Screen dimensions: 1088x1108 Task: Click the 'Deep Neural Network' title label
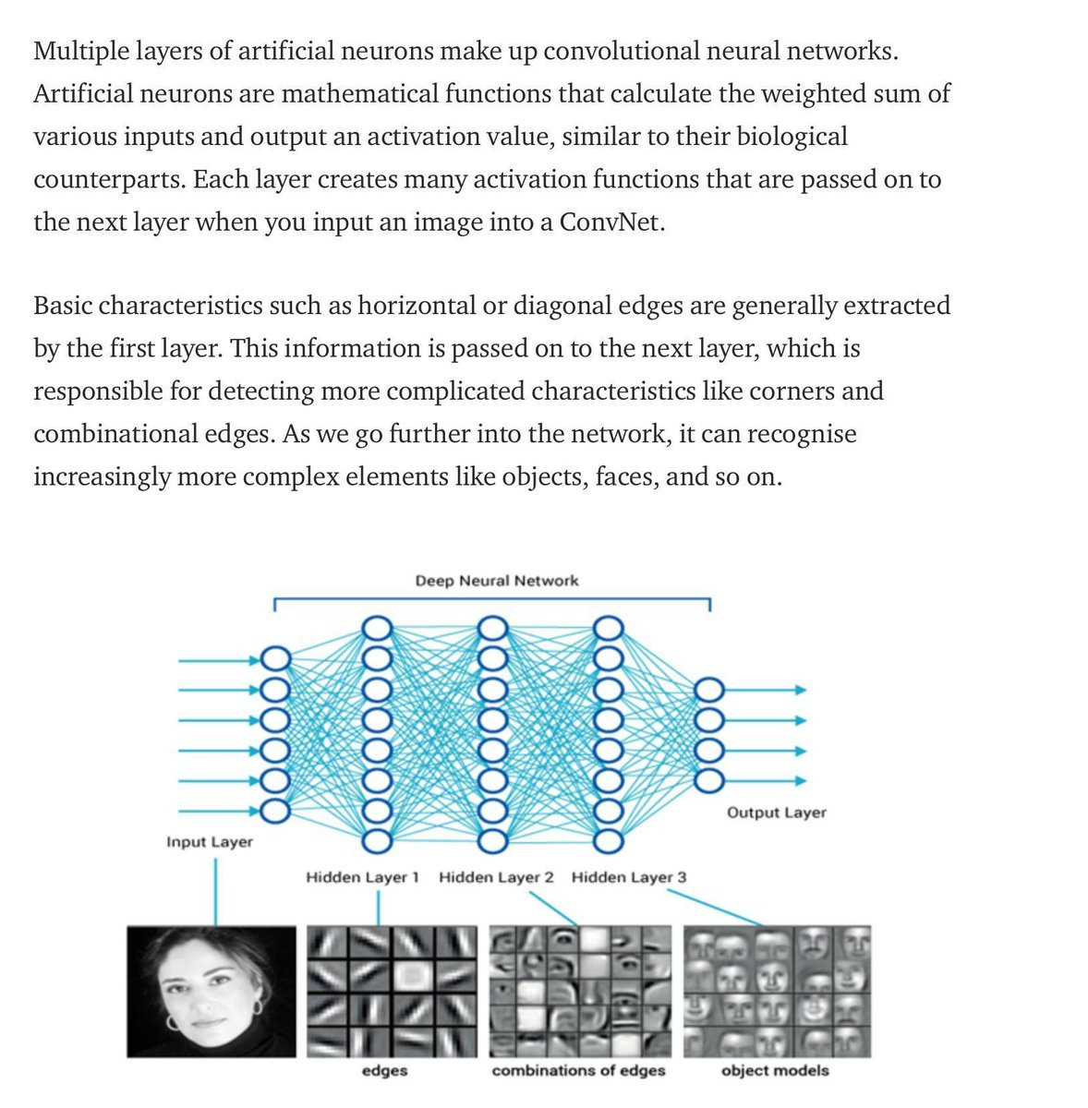click(497, 581)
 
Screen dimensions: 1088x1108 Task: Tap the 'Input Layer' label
click(210, 842)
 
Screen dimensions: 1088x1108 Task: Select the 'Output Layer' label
click(776, 813)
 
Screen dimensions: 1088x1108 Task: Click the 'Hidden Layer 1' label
click(362, 877)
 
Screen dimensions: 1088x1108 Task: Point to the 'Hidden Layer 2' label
click(496, 877)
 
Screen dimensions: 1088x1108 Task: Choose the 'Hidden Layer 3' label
click(629, 877)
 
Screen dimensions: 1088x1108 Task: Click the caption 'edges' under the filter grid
click(385, 1070)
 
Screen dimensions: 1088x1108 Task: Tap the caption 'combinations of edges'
click(578, 1070)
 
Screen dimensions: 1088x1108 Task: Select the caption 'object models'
click(775, 1070)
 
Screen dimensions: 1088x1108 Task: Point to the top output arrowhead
click(801, 690)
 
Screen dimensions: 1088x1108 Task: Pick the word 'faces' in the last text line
click(626, 476)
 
